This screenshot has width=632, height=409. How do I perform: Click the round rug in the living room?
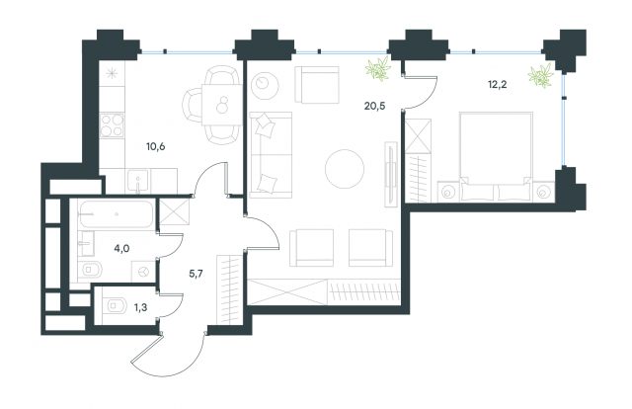(x=347, y=165)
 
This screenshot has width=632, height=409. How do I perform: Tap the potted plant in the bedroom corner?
(x=539, y=76)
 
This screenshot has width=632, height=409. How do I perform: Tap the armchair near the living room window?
(x=316, y=83)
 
